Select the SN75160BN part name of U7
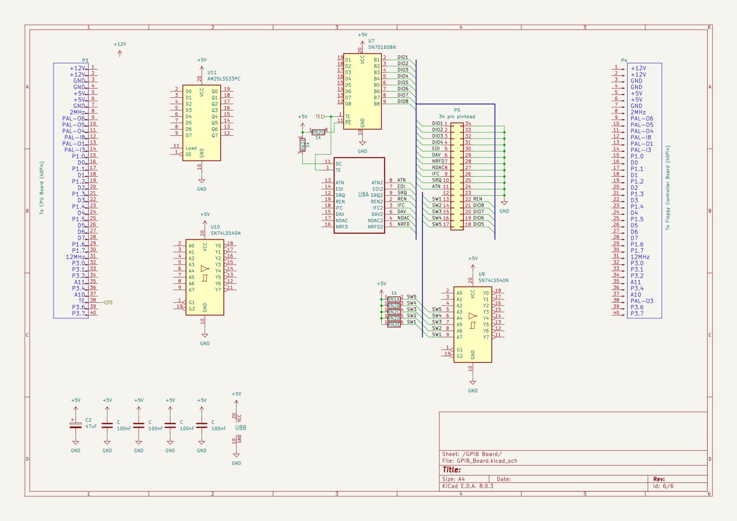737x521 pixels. [382, 47]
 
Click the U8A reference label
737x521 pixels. [363, 195]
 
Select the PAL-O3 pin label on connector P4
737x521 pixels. [641, 301]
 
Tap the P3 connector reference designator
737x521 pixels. [85, 60]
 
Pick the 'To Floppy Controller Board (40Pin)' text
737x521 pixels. [668, 187]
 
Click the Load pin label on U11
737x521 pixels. [191, 147]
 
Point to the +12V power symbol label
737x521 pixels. [120, 44]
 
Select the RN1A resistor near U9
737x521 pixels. [394, 299]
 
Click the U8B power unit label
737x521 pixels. [241, 428]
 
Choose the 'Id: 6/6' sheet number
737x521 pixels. [663, 486]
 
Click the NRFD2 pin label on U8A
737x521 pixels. [376, 227]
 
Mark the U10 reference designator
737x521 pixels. [215, 227]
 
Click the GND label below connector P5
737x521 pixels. [504, 211]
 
